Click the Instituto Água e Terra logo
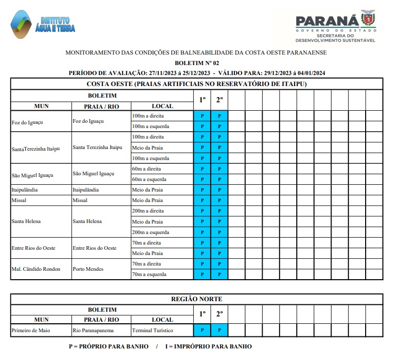pyautogui.click(x=43, y=25)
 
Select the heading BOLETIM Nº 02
pyautogui.click(x=196, y=62)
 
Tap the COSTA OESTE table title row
pyautogui.click(x=196, y=84)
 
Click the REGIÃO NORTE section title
pyautogui.click(x=196, y=299)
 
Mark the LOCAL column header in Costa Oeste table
pyautogui.click(x=162, y=106)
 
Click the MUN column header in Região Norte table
pyautogui.click(x=41, y=319)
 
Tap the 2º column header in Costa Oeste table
pyautogui.click(x=220, y=100)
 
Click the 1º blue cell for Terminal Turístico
pyautogui.click(x=202, y=330)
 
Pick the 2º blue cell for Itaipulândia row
pyautogui.click(x=220, y=189)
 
